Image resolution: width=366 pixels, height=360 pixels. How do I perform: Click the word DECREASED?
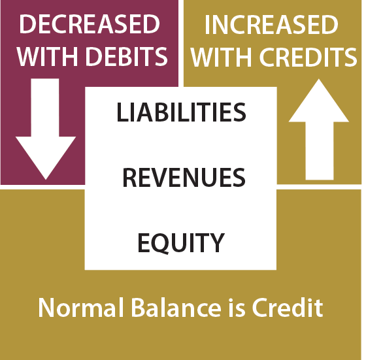point(90,24)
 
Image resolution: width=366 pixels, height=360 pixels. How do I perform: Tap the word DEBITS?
point(127,56)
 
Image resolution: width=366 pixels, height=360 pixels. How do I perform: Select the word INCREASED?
point(271,24)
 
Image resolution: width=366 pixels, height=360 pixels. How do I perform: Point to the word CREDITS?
point(308,57)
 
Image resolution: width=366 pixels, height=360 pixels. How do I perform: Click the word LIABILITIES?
point(181,112)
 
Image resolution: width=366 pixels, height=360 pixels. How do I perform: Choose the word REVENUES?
point(184,178)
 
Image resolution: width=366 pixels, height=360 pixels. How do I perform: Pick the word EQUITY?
point(181,243)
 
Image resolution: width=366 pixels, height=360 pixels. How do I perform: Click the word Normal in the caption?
point(80,307)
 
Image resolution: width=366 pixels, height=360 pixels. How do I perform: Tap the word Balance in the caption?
point(176,307)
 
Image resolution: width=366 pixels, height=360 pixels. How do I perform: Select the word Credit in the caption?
point(288,307)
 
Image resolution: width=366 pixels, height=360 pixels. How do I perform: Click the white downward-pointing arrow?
point(46,129)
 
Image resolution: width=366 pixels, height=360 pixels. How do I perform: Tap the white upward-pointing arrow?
point(319,129)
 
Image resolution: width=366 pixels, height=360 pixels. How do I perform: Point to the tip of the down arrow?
point(46,180)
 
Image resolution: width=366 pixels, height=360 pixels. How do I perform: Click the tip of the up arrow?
point(319,79)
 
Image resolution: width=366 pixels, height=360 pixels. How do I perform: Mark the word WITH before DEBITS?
point(47,56)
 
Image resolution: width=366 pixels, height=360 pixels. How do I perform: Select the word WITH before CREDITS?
point(222,57)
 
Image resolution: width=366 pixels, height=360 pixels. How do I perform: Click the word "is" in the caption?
point(237,307)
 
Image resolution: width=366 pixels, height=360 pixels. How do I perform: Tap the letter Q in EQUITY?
point(159,244)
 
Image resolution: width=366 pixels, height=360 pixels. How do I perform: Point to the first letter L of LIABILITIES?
point(123,112)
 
